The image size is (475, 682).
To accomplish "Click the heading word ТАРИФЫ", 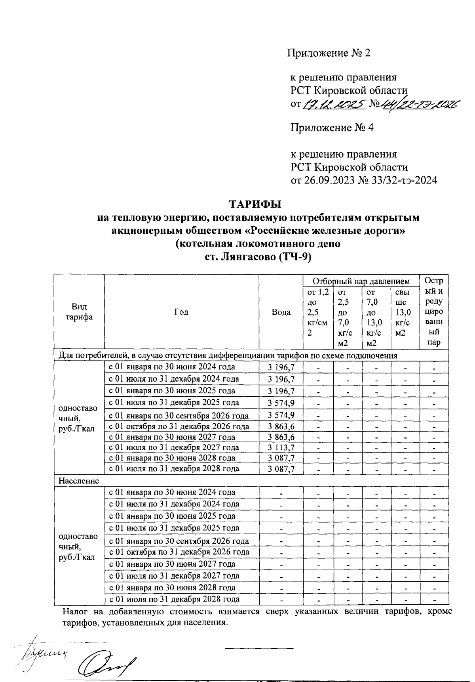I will [255, 204].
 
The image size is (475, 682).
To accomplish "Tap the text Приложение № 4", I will [332, 128].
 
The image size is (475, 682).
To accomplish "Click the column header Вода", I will [281, 312].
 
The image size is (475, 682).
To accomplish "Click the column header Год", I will [181, 312].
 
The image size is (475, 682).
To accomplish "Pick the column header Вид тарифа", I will [79, 312].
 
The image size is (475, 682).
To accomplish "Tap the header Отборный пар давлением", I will [361, 281].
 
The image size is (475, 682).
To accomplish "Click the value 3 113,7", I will [281, 448].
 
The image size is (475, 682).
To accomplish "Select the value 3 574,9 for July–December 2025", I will [281, 403].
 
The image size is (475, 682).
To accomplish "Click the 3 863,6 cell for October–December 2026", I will [281, 427].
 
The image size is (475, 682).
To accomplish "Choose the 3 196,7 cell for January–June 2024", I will [281, 367].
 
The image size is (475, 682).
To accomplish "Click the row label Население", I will [79, 481].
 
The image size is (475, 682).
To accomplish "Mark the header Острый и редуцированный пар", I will [434, 312].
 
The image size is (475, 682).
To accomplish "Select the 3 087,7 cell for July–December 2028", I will [281, 469].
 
